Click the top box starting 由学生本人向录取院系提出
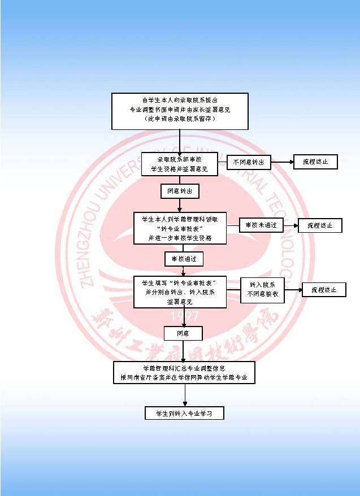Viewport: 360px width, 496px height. tap(180, 111)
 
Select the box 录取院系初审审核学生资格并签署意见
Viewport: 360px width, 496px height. tap(180, 164)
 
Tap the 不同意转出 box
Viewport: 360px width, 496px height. tap(249, 162)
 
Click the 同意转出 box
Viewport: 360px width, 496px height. tap(180, 192)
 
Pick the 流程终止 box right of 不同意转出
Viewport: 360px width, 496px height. tap(315, 162)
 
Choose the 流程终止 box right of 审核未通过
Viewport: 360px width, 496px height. tap(320, 225)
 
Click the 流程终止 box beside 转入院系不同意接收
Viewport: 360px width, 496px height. tap(323, 290)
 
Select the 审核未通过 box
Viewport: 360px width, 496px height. tap(261, 225)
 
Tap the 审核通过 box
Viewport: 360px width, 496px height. tap(183, 259)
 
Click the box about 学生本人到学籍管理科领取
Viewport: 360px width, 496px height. tap(180, 228)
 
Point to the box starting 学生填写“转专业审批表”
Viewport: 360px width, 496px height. tap(180, 291)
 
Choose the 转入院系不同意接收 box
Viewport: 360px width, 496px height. tap(262, 290)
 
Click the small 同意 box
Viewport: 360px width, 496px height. tap(183, 334)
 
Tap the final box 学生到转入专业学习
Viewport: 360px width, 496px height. tap(184, 414)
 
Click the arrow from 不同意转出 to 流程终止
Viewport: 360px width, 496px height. tap(281, 162)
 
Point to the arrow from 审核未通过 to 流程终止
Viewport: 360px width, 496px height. tap(290, 225)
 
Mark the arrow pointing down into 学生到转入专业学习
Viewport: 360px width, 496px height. tap(185, 395)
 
